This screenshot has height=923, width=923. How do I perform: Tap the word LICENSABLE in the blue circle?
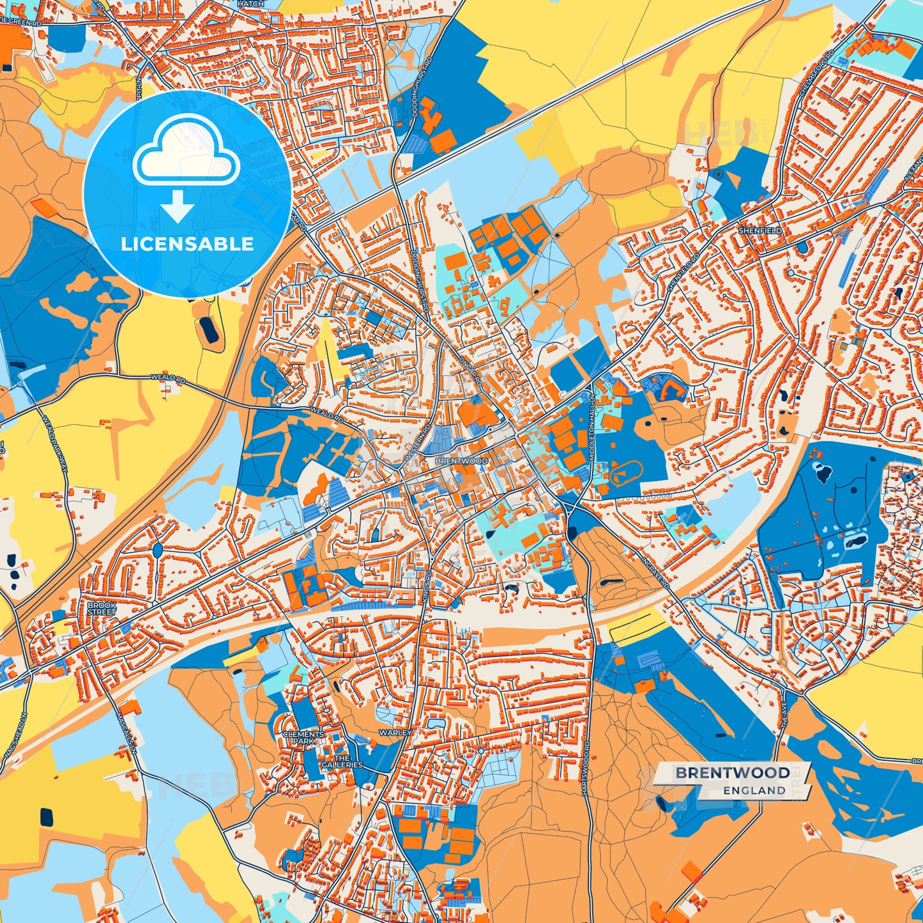pos(187,243)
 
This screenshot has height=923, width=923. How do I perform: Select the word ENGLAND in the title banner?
pos(754,790)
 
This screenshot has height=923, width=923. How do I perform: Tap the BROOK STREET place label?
pos(102,608)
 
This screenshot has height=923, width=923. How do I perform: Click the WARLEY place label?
pos(395,733)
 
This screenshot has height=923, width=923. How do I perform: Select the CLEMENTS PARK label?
pos(304,738)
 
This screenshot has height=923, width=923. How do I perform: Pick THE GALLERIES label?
pos(342,761)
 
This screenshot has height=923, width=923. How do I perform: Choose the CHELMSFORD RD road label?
pos(816,73)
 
